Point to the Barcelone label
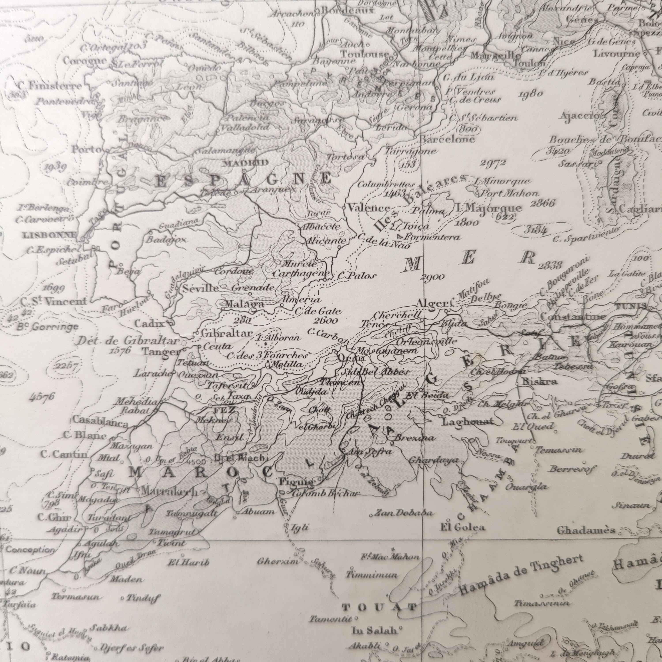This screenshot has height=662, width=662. click(447, 139)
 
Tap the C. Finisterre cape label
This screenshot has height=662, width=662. click(50, 86)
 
